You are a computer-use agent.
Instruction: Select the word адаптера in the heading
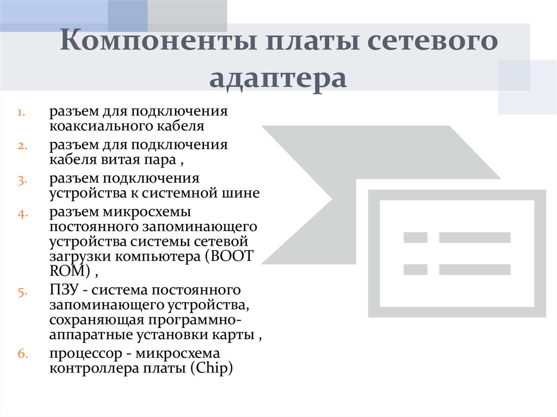(278, 78)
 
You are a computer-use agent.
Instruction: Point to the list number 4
(22, 213)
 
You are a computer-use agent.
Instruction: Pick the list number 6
(22, 354)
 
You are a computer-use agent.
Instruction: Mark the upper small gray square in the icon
(415, 238)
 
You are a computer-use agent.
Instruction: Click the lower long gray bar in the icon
(474, 269)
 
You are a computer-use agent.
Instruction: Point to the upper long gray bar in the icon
(474, 238)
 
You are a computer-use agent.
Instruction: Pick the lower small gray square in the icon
(415, 269)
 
